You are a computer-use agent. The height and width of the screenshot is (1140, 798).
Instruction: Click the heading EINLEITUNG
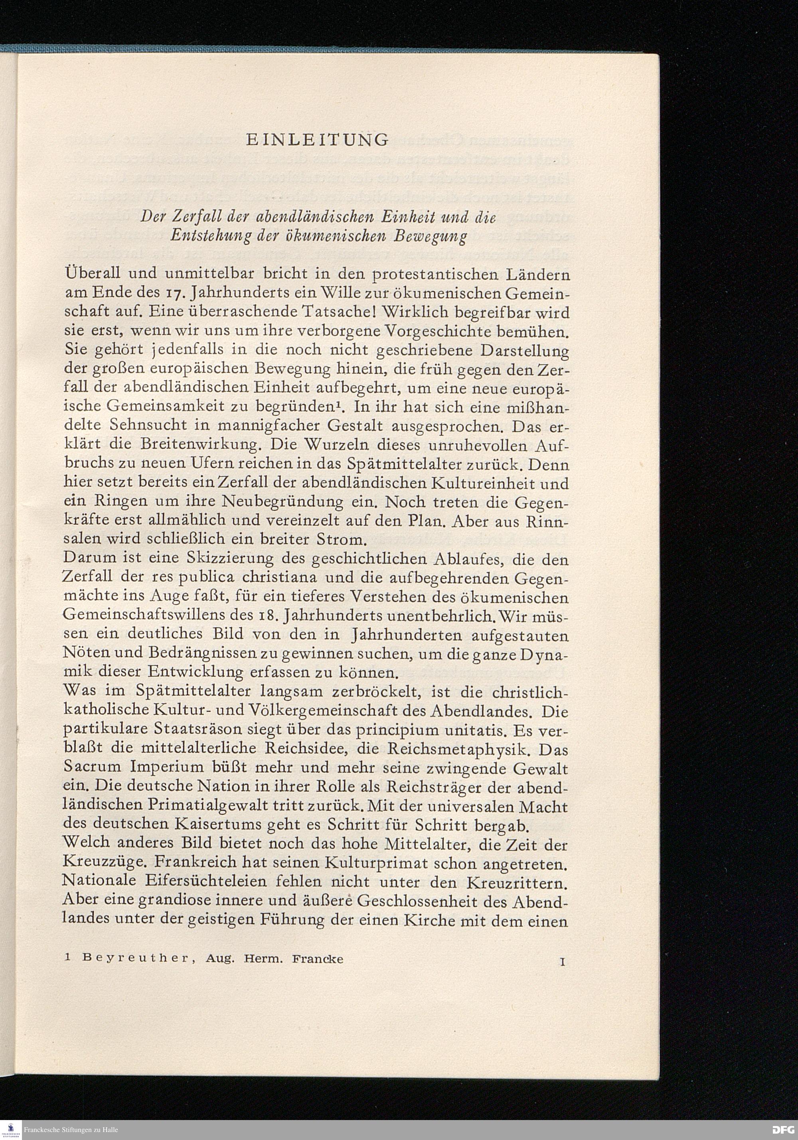pos(317,140)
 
